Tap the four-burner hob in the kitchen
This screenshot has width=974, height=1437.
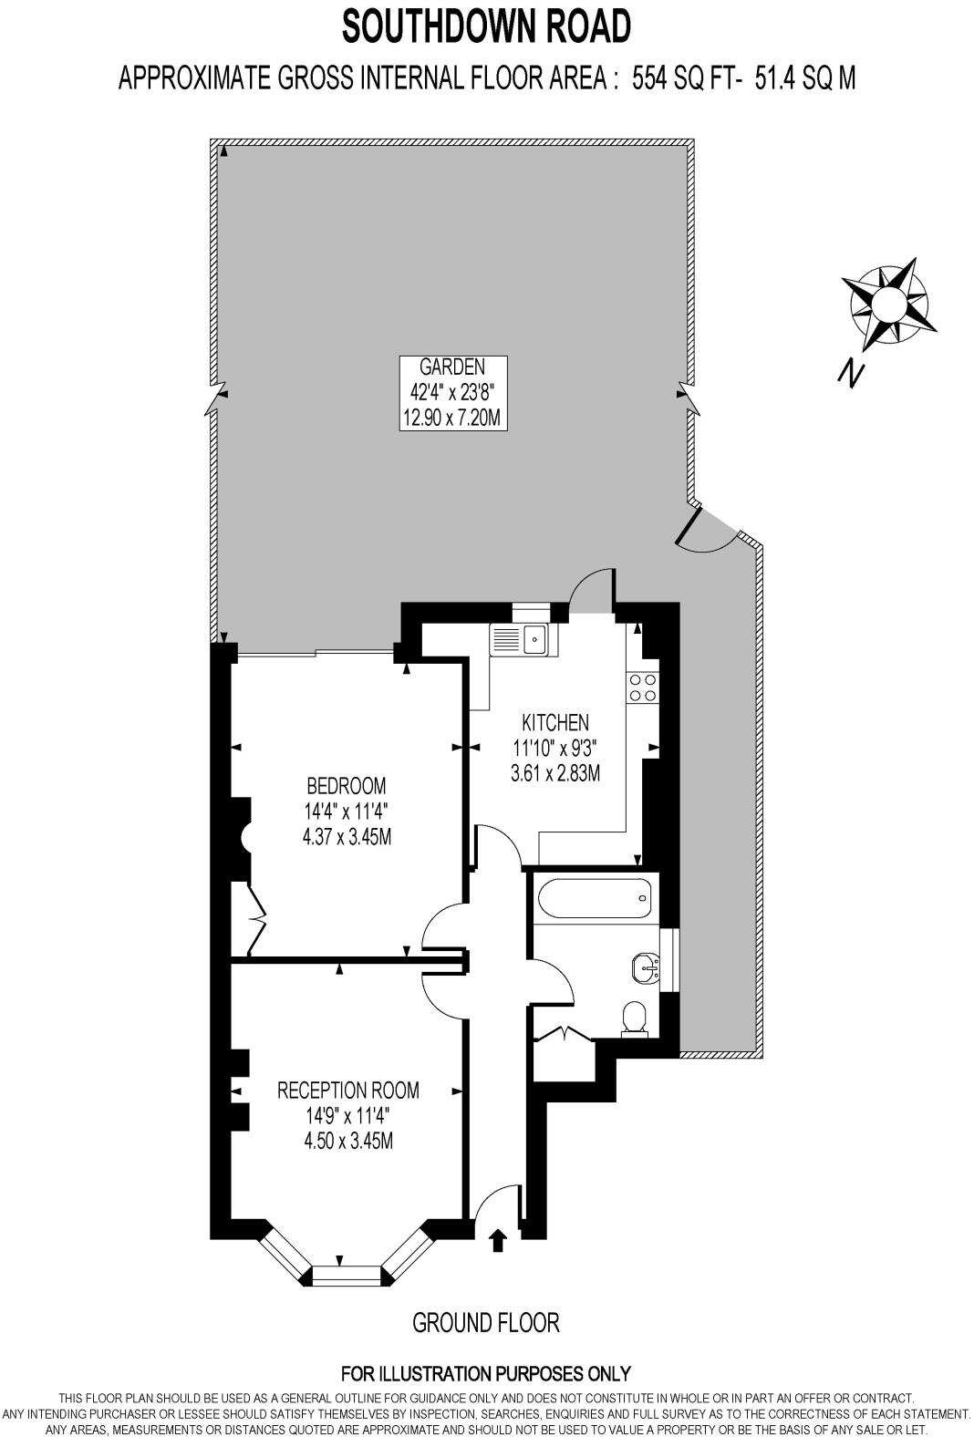click(642, 687)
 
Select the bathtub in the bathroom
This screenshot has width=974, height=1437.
click(595, 897)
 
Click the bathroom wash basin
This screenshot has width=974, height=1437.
click(648, 967)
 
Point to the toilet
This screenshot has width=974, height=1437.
click(634, 1018)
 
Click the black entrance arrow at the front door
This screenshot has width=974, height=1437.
click(498, 1240)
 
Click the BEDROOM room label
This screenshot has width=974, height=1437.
click(347, 785)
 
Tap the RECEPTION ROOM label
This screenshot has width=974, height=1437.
click(347, 1090)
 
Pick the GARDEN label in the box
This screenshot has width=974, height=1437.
click(452, 367)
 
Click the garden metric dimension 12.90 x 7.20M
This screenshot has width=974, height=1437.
click(452, 419)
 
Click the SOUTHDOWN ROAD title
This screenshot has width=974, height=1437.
click(486, 26)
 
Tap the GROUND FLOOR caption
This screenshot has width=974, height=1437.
click(486, 1322)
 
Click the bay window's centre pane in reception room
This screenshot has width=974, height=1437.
click(347, 1275)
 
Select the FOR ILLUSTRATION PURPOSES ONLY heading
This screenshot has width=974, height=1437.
click(486, 1373)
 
